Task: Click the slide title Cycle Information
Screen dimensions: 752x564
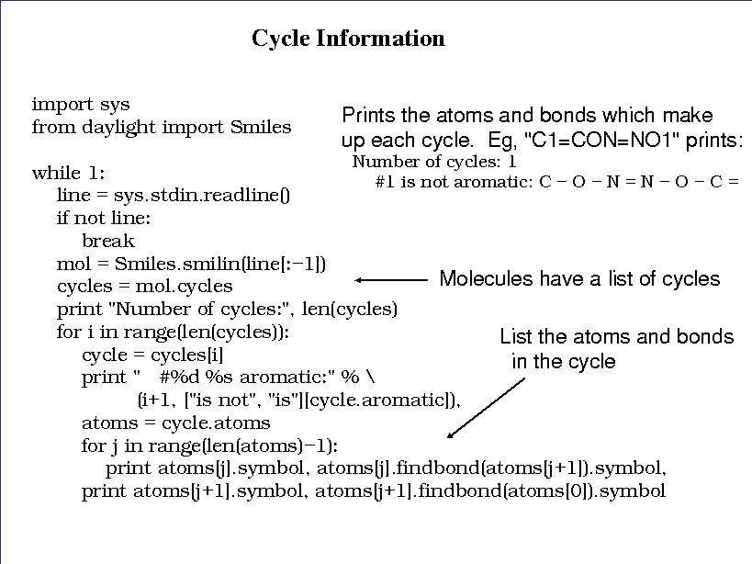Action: (348, 39)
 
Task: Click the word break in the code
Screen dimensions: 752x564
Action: (108, 241)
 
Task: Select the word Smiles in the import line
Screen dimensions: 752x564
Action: (261, 127)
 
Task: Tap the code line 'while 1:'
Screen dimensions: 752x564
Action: (68, 173)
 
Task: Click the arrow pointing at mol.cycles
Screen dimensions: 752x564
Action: (391, 280)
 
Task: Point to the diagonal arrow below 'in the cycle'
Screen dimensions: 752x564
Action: (486, 408)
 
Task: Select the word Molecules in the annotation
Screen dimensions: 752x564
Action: (486, 278)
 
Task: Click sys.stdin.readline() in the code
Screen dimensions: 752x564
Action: (201, 195)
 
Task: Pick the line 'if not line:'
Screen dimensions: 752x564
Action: (104, 219)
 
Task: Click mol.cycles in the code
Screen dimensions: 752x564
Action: (185, 287)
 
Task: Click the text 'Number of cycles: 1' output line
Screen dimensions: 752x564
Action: (434, 162)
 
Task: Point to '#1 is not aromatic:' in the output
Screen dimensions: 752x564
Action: (454, 182)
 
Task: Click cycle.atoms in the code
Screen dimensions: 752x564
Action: (216, 423)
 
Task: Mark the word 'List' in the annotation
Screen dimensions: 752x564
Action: (516, 337)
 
